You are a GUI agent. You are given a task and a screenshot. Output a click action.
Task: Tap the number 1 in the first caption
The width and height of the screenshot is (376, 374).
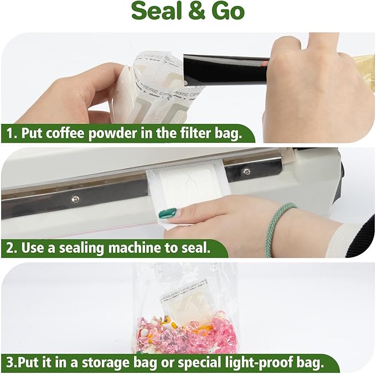click(x=9, y=134)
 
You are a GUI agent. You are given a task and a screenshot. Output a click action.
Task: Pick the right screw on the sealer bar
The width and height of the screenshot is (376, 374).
click(x=246, y=172)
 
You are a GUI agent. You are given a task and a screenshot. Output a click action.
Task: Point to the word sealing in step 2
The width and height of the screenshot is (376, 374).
click(x=86, y=248)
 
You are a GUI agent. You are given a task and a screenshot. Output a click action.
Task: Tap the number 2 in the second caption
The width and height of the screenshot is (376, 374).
click(x=9, y=248)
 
